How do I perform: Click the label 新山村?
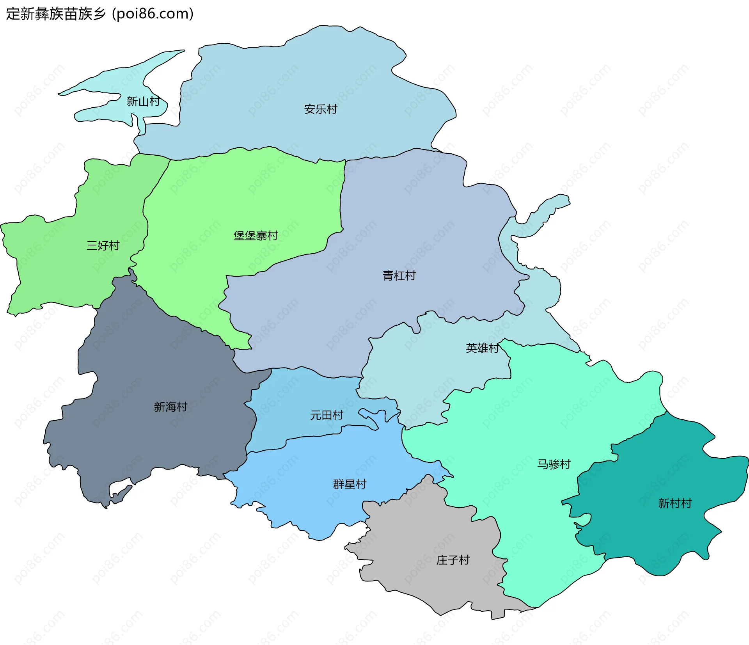(143, 101)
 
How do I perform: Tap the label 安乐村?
(320, 109)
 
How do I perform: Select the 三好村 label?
(103, 245)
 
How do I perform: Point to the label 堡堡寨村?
(256, 236)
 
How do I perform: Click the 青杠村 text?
(399, 276)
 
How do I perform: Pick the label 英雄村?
(482, 348)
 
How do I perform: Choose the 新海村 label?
(170, 407)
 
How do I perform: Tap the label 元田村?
(326, 415)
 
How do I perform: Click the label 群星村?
(350, 484)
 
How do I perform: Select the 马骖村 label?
(554, 464)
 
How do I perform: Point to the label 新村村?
(674, 503)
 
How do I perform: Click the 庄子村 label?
(453, 560)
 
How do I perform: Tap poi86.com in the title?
(152, 14)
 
